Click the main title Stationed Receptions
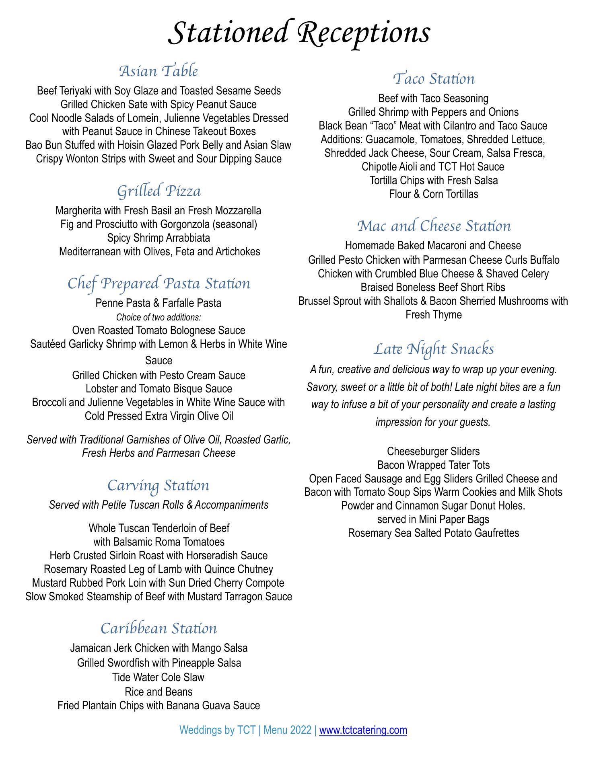click(x=298, y=33)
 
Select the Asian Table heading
click(x=159, y=71)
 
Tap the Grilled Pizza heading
click(x=159, y=191)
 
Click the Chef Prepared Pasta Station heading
click(x=159, y=283)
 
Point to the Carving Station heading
click(x=159, y=485)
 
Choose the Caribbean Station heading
click(x=159, y=628)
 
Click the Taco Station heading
click(x=434, y=79)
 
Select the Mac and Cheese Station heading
click(x=434, y=226)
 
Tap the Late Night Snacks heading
click(x=434, y=349)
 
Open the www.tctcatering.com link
click(x=363, y=730)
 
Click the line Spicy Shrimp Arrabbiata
click(x=159, y=238)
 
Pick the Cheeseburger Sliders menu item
click(x=433, y=452)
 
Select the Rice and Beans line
click(x=159, y=692)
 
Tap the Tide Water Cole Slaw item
click(x=159, y=678)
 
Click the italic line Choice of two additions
click(x=159, y=317)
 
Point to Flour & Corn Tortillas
click(x=434, y=194)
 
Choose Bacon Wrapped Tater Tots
click(x=433, y=465)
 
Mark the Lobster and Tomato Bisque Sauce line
click(x=159, y=389)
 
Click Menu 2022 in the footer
click(x=287, y=730)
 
